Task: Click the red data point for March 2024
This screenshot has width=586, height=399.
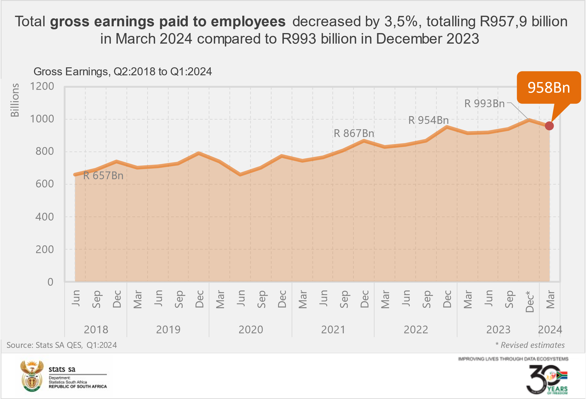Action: (x=549, y=126)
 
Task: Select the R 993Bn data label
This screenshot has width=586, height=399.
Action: (x=484, y=104)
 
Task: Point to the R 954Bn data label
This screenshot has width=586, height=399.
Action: (x=428, y=120)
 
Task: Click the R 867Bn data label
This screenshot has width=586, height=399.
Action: (x=354, y=133)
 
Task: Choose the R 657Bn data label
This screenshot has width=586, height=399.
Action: (x=103, y=176)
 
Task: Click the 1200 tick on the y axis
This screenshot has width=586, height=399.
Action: (x=42, y=86)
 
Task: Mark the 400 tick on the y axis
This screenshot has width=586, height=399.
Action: (x=45, y=217)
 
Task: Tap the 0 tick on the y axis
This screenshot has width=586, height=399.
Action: (x=50, y=282)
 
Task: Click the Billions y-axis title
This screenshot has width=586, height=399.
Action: (x=15, y=100)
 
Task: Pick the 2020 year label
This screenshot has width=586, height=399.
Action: (x=251, y=330)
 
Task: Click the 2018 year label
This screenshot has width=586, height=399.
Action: (x=96, y=330)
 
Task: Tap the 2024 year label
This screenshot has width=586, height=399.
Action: (x=550, y=330)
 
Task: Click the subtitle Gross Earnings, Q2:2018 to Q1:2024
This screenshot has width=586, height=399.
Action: (x=123, y=72)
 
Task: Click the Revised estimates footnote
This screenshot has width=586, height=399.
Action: (x=530, y=345)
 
